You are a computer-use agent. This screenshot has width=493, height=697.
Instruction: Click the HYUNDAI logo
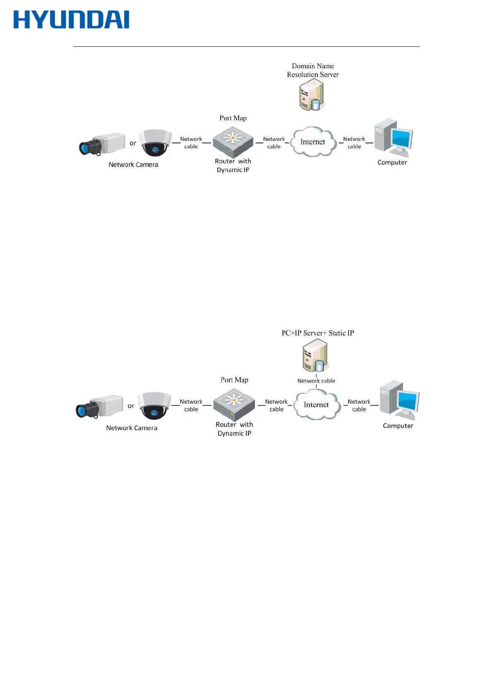(71, 20)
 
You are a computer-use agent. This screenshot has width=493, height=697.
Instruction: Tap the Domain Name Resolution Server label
(313, 70)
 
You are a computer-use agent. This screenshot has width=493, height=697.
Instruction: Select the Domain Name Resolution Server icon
(311, 95)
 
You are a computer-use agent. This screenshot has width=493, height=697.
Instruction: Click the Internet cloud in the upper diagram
(313, 142)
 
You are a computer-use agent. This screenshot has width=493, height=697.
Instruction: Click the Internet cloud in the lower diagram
(317, 405)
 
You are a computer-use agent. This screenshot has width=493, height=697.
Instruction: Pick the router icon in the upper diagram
(233, 141)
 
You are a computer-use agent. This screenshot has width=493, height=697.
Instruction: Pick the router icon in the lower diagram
(234, 404)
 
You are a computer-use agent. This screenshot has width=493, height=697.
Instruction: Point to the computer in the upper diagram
(393, 138)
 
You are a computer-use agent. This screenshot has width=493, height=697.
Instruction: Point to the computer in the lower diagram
(399, 400)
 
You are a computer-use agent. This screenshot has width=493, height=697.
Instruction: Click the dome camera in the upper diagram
(155, 143)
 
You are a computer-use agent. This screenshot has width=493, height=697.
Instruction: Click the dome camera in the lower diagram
(154, 406)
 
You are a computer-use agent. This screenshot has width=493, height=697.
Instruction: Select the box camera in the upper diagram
(102, 144)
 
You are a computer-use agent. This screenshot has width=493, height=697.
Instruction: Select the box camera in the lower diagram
(99, 406)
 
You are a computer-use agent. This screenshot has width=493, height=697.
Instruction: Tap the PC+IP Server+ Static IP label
(317, 333)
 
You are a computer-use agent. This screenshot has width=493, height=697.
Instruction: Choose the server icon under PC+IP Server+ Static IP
(315, 356)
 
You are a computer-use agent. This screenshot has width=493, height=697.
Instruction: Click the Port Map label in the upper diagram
(233, 118)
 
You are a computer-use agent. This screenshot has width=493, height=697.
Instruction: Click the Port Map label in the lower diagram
(234, 380)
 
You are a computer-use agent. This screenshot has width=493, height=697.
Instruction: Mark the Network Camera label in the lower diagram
(132, 428)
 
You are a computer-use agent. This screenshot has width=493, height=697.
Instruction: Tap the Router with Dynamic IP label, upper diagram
(233, 166)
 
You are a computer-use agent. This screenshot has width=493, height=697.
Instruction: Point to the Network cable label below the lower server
(316, 381)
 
